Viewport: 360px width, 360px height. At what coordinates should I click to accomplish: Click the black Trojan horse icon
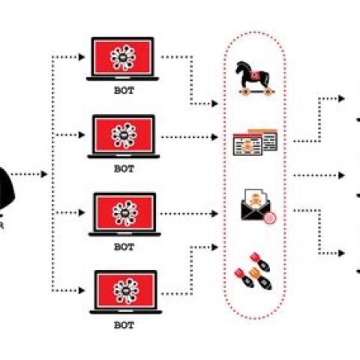coord(254,78)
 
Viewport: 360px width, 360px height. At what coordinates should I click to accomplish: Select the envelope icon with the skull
coord(253,206)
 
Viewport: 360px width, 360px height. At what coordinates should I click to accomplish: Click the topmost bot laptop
coord(124,58)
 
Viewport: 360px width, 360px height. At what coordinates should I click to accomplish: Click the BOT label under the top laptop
coord(124,91)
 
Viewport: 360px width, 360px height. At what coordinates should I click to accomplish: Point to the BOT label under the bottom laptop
coord(124,324)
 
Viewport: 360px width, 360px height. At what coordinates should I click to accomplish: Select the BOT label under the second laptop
coord(124,169)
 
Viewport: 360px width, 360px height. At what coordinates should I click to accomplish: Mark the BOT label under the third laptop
coord(124,246)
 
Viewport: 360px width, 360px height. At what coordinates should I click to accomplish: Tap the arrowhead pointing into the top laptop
coord(84,57)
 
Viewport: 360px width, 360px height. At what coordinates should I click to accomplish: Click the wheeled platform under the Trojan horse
coord(253,92)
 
